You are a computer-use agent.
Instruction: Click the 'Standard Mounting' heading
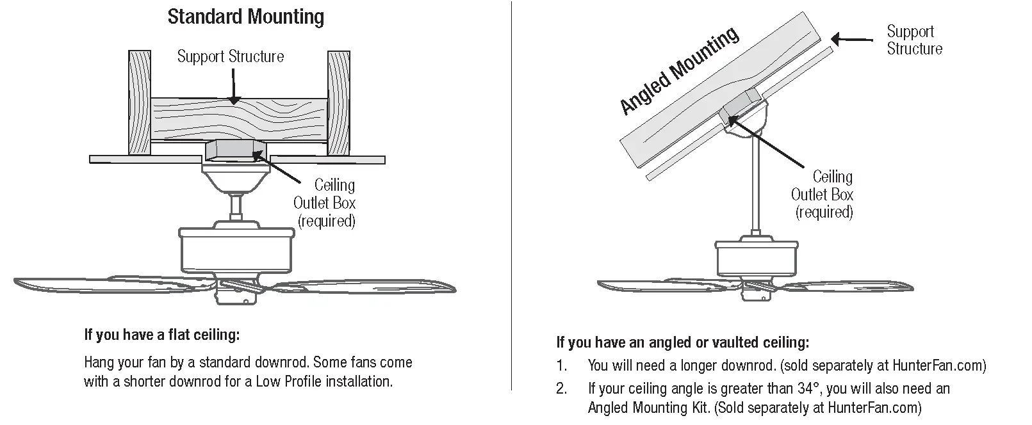pos(245,17)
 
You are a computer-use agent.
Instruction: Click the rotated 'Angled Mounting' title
pos(679,71)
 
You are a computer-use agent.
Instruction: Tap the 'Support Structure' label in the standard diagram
pos(230,56)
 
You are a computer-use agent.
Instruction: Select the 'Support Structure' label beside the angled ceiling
pos(913,40)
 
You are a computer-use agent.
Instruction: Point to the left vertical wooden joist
pos(140,102)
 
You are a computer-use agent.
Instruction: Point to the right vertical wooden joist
pos(339,102)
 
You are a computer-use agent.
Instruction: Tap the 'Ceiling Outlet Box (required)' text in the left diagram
pos(325,203)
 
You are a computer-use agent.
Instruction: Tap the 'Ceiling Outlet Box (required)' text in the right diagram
pos(823,194)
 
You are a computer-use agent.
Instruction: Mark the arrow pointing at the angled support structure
pos(852,40)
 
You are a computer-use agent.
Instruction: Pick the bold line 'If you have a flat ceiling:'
pos(161,335)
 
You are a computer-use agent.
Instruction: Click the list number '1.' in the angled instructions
pos(562,366)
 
